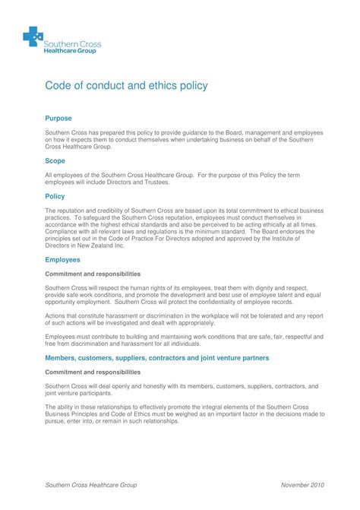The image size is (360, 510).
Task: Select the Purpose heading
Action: tap(58, 119)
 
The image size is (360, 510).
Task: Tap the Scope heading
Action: tap(55, 162)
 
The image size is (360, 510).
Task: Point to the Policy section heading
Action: tap(55, 196)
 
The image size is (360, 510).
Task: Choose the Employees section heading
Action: tap(63, 260)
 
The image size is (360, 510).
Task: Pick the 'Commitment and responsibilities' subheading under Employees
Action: tap(93, 274)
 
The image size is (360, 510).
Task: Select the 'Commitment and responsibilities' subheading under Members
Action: tap(93, 372)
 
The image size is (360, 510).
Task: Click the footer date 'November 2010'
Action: tap(303, 483)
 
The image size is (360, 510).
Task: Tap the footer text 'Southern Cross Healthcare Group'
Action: tap(91, 483)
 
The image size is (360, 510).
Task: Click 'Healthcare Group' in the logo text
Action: tap(74, 52)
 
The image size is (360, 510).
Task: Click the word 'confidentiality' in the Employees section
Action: tap(230, 301)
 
